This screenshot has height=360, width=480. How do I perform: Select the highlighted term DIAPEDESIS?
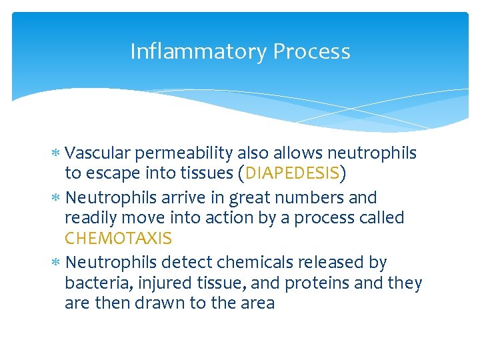click(x=293, y=174)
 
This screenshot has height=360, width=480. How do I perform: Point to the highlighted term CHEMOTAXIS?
click(x=118, y=238)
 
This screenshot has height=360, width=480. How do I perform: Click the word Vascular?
click(x=99, y=153)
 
